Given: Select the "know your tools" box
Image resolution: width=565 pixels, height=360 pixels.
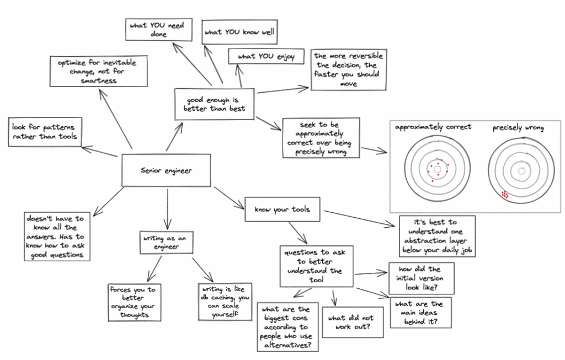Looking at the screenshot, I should (x=283, y=209).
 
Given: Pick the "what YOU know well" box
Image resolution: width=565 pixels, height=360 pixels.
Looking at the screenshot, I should (x=239, y=32).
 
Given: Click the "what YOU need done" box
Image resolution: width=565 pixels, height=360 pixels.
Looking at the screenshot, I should (x=159, y=29).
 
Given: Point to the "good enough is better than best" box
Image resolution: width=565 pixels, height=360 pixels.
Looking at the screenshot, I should (x=214, y=104).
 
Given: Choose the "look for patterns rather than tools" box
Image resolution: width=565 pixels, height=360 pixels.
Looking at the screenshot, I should (x=44, y=132).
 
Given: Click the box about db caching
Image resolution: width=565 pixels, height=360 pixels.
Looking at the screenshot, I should (x=225, y=301).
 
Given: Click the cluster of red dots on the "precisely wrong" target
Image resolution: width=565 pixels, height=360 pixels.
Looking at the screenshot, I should (x=505, y=194).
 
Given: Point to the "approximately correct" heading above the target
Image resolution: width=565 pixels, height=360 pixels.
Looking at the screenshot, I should (x=433, y=127).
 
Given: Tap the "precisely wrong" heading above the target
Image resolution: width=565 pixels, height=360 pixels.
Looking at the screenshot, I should (x=518, y=128).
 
